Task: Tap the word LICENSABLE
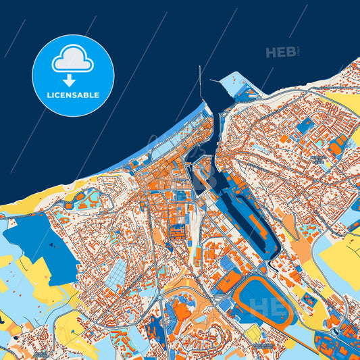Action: (x=73, y=95)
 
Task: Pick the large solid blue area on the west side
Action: (x=41, y=243)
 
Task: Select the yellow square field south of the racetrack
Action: (x=253, y=334)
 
